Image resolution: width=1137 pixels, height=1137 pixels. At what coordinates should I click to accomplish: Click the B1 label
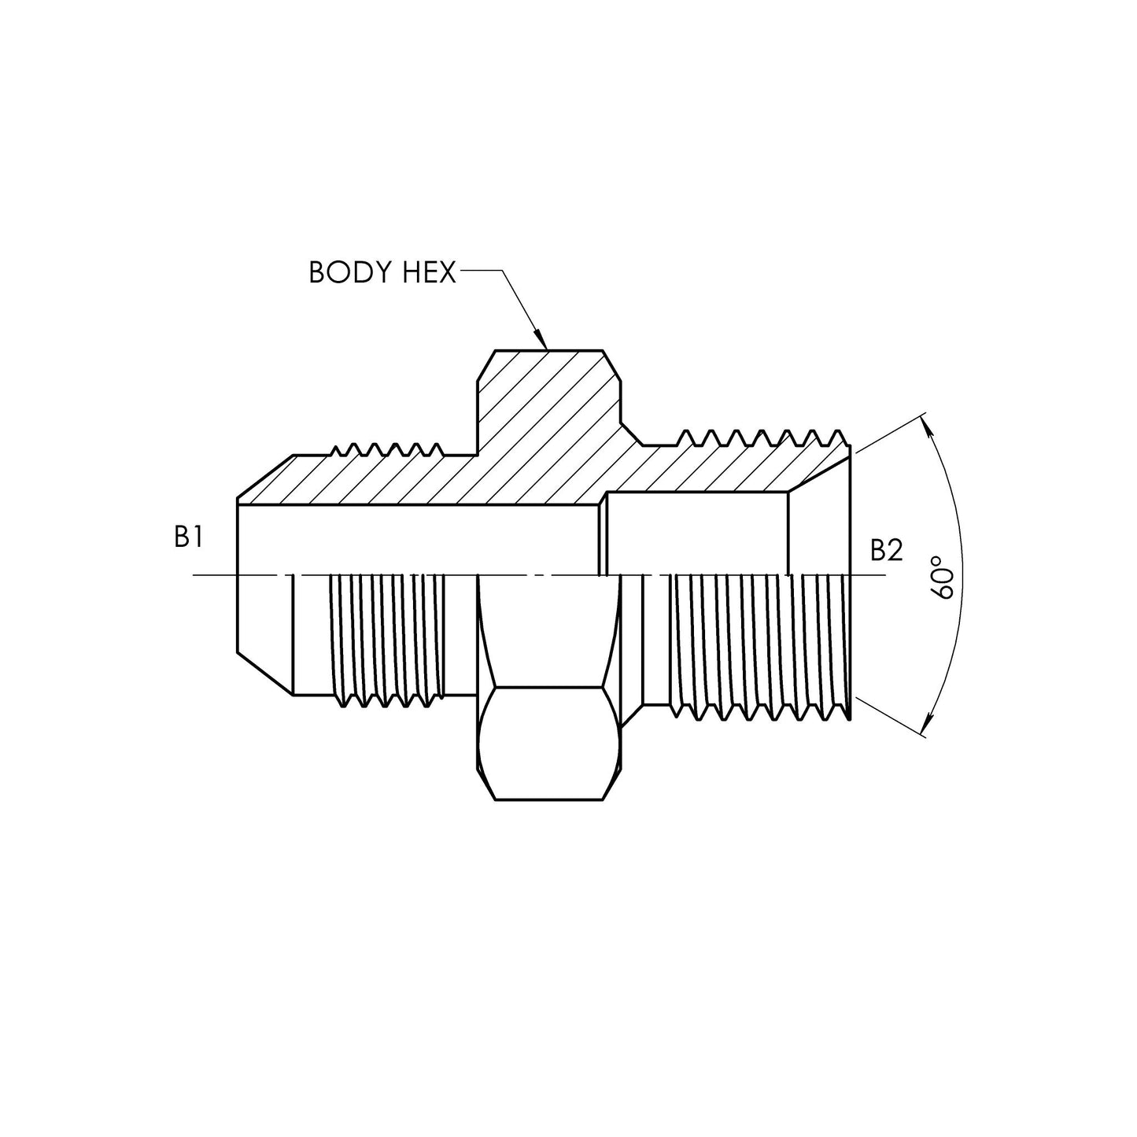point(189,537)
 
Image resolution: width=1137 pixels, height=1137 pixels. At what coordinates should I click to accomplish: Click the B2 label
point(886,551)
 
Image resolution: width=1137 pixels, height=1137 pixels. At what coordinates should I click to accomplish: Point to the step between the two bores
point(604,535)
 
